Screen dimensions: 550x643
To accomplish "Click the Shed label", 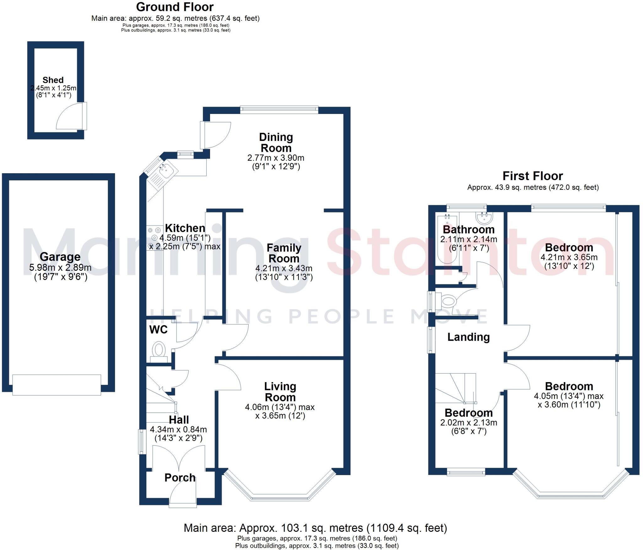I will (53, 80).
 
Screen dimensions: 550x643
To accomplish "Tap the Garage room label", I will (60, 257).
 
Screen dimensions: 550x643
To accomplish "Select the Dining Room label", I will (276, 142).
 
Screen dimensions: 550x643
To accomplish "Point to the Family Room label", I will (284, 253).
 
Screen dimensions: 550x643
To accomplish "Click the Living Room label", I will (280, 392).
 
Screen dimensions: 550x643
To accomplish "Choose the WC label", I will (158, 330).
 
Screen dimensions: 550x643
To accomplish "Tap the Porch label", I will (180, 478).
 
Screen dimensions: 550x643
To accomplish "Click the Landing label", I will (468, 337).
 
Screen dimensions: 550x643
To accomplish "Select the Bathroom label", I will (468, 229).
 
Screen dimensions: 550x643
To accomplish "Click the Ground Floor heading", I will (175, 7).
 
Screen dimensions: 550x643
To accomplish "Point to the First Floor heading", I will (532, 176).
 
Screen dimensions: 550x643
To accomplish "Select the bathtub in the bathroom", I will (447, 238).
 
